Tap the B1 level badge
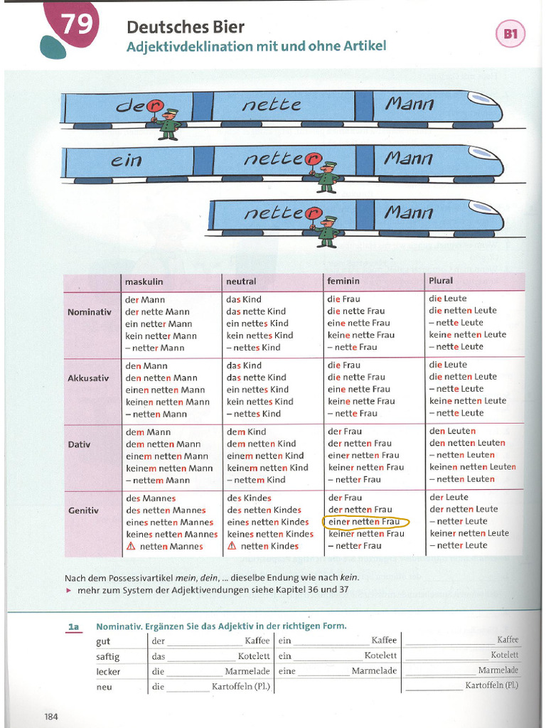click(x=510, y=34)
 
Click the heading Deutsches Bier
click(x=186, y=28)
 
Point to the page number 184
click(x=51, y=717)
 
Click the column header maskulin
click(x=144, y=282)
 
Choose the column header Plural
click(x=441, y=281)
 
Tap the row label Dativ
click(x=80, y=445)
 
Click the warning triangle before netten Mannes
click(x=131, y=547)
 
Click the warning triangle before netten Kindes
click(x=232, y=546)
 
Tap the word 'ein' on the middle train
click(x=126, y=160)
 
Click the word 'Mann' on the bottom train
click(x=409, y=213)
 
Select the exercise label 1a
click(x=74, y=628)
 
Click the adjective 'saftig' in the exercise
click(x=108, y=657)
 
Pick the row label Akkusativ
click(x=88, y=378)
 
